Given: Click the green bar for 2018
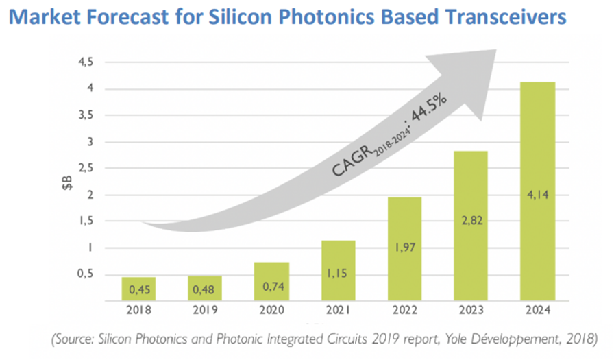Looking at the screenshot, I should pyautogui.click(x=139, y=288).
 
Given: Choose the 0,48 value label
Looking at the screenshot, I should pyautogui.click(x=205, y=290).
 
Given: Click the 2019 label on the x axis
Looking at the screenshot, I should pyautogui.click(x=205, y=309).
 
